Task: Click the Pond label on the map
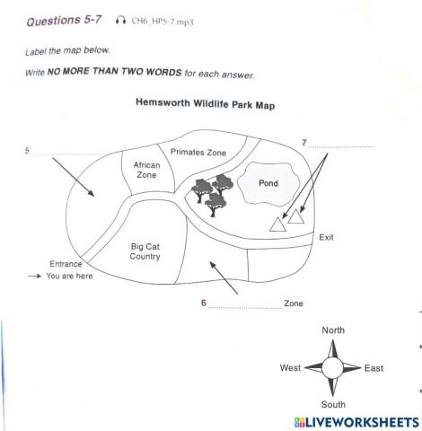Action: pos(268,182)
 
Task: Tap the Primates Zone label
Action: pos(198,153)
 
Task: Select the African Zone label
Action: pos(145,171)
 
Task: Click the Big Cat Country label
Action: pos(145,250)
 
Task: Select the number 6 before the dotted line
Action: pos(204,303)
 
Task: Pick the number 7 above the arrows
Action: pos(304,143)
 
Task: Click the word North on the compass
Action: pos(333,330)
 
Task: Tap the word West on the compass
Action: pos(291,368)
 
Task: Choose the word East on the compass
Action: pos(375,368)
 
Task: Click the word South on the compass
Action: pos(333,405)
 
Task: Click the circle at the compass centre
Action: pos(333,368)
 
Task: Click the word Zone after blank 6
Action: pos(294,303)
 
